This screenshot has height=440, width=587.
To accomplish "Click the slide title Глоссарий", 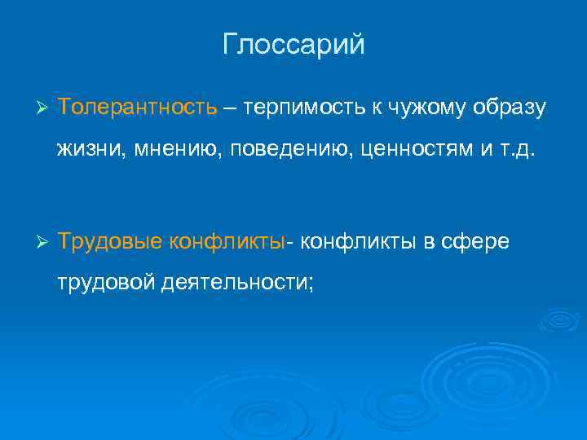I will [293, 45].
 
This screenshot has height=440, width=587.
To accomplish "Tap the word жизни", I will [86, 149].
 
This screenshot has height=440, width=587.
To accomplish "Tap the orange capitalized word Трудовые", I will [110, 242].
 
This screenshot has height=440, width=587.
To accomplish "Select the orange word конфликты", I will [227, 242].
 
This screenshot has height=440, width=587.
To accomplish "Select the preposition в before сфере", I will [426, 242].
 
